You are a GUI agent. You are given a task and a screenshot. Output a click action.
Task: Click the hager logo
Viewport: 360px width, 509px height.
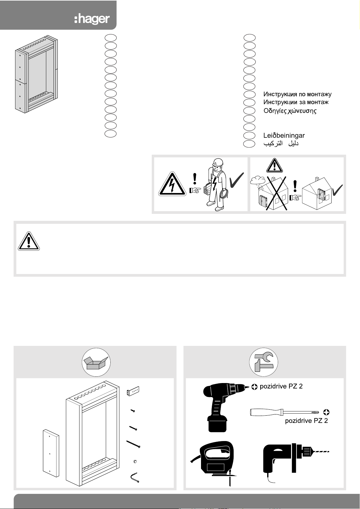click(x=92, y=19)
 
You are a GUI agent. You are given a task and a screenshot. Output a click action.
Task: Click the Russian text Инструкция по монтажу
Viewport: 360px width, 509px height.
click(x=297, y=95)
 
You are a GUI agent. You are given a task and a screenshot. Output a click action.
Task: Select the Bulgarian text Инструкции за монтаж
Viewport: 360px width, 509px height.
click(x=296, y=102)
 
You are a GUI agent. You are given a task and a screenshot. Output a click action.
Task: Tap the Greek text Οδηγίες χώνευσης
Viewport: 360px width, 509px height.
click(x=290, y=111)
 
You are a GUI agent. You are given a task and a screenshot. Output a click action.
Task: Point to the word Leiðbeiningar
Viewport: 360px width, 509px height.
click(x=284, y=136)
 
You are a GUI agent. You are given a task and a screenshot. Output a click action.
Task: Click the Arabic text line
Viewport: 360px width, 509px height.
click(x=281, y=143)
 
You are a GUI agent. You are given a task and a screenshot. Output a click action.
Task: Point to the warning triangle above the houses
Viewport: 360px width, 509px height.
click(x=274, y=165)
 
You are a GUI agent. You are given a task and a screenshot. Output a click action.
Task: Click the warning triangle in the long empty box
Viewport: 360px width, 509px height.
click(x=29, y=241)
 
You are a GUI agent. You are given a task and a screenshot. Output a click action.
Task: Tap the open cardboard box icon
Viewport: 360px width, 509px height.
click(x=96, y=362)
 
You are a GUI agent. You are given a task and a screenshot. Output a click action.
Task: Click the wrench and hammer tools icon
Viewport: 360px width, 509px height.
click(x=264, y=362)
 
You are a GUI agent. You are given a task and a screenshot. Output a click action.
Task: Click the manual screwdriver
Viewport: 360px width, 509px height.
click(x=284, y=412)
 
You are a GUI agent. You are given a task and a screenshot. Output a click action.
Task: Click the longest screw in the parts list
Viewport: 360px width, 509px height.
click(x=133, y=444)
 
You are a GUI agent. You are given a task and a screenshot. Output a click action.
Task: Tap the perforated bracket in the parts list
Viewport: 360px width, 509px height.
click(x=133, y=391)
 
